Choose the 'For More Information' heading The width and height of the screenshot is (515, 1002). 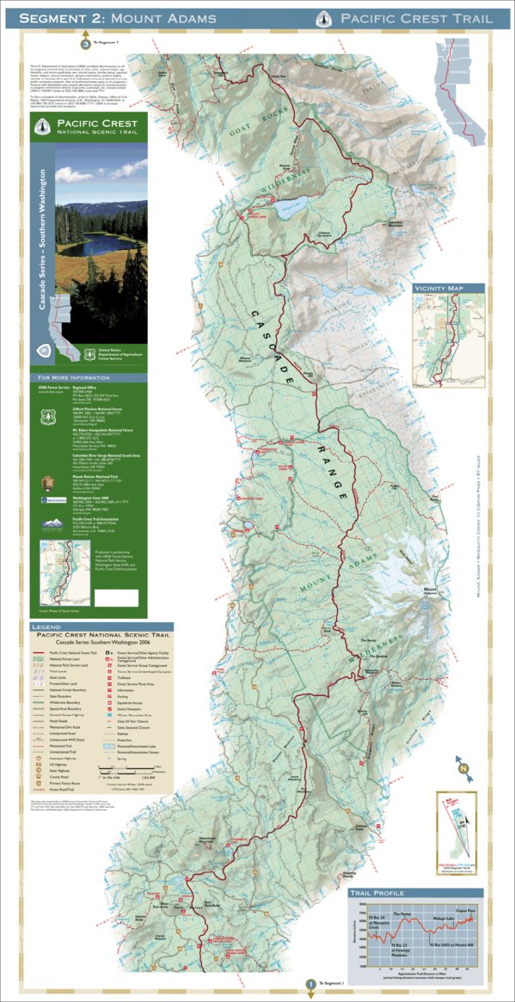pos(72,377)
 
